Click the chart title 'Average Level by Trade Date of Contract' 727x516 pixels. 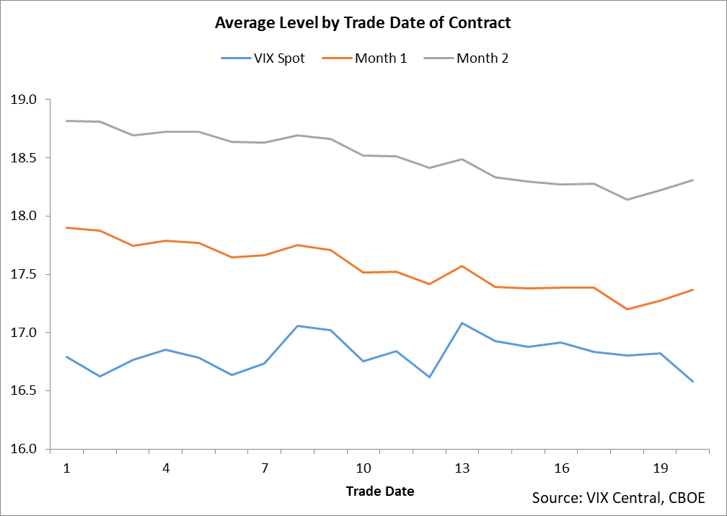coord(363,23)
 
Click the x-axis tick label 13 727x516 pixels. coord(462,468)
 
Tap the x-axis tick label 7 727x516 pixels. coord(265,468)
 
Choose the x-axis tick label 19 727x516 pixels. coord(659,468)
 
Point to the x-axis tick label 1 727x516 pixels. coord(67,468)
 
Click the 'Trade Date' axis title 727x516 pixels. coord(380,491)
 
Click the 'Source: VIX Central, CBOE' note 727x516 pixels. coord(618,498)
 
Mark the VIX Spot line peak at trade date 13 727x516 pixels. coord(462,323)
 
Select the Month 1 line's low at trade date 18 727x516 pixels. coord(627,309)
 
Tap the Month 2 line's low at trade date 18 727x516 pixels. coord(627,199)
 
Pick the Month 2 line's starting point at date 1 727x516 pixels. coord(67,121)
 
